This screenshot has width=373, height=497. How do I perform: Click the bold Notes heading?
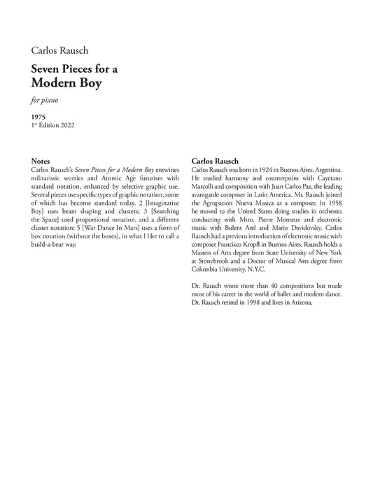coord(41,160)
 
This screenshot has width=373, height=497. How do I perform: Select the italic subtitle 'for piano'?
coord(44,100)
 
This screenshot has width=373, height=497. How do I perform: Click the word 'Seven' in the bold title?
coord(45,69)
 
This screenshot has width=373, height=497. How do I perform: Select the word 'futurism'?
coord(162,179)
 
